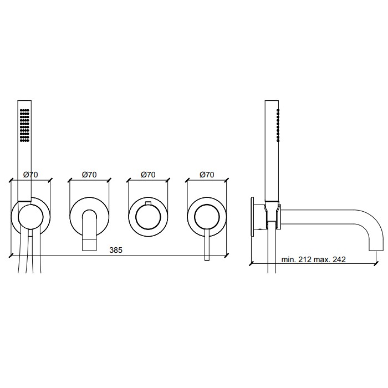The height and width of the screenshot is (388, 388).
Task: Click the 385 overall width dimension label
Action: (x=116, y=250)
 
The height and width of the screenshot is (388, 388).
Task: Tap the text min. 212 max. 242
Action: (x=313, y=259)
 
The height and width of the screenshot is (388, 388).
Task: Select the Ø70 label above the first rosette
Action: (x=30, y=175)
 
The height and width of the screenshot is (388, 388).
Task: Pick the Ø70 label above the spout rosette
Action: (x=89, y=175)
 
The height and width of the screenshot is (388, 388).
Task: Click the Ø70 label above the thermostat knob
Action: (x=148, y=175)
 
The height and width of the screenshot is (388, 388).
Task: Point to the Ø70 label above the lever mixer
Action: (x=207, y=175)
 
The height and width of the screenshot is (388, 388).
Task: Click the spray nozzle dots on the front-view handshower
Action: (x=24, y=125)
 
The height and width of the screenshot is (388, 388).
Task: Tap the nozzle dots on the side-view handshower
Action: (x=278, y=125)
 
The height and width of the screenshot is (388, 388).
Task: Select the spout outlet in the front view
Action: (x=89, y=245)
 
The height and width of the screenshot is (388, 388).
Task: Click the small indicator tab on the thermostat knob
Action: (x=148, y=203)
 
